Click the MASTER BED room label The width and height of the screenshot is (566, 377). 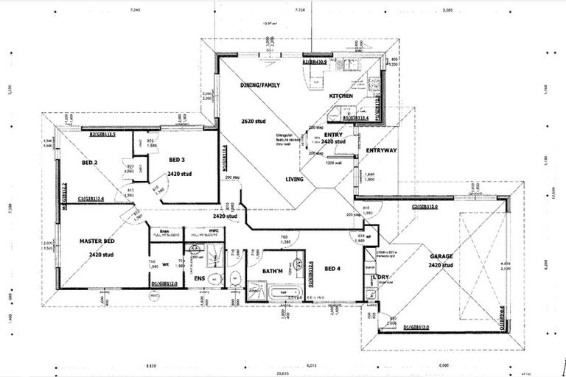click(x=98, y=241)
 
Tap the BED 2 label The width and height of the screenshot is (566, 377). click(x=89, y=163)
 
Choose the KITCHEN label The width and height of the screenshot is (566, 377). click(x=340, y=96)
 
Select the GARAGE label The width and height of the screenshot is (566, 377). click(x=441, y=256)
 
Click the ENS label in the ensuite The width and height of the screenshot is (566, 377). click(x=198, y=278)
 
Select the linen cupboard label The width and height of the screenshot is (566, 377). click(x=165, y=231)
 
